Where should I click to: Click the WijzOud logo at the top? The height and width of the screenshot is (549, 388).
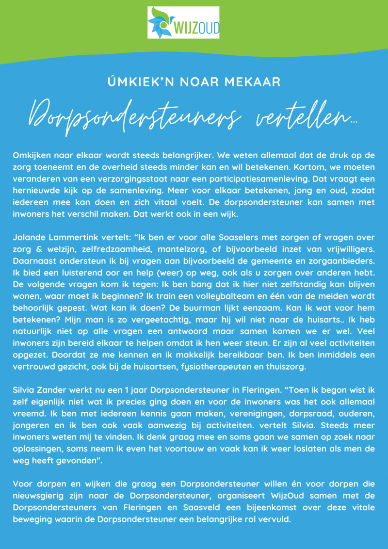click(183, 22)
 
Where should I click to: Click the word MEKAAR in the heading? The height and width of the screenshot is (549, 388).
click(256, 81)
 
